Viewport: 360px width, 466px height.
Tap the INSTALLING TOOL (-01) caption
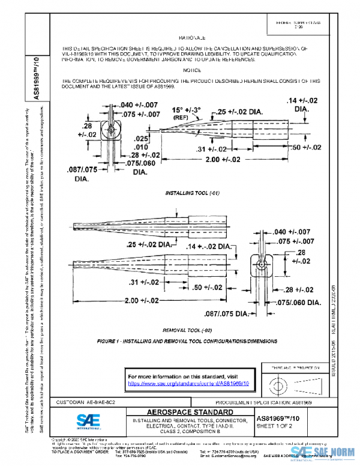tap(190, 193)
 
